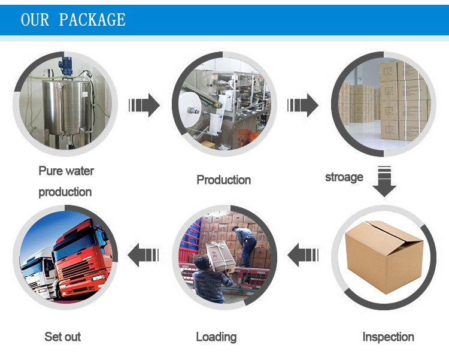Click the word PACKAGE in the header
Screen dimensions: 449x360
pyautogui.click(x=92, y=20)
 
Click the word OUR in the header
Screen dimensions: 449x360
pyautogui.click(x=35, y=20)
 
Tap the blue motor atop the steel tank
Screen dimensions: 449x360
pyautogui.click(x=65, y=66)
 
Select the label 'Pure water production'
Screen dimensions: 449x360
pyautogui.click(x=66, y=181)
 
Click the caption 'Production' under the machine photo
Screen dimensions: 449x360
pyautogui.click(x=224, y=180)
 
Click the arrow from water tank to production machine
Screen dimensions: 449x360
pyautogui.click(x=144, y=105)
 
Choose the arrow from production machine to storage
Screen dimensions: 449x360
pyautogui.click(x=303, y=105)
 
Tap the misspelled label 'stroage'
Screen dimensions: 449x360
pyautogui.click(x=344, y=177)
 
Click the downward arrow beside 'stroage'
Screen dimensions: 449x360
pyautogui.click(x=384, y=181)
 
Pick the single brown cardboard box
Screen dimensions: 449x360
pyautogui.click(x=384, y=256)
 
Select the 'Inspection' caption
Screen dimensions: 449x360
pyautogui.click(x=389, y=337)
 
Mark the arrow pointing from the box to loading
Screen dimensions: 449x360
pyautogui.click(x=303, y=255)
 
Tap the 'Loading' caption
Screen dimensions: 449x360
pyautogui.click(x=216, y=337)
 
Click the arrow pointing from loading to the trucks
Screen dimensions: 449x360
pyautogui.click(x=143, y=255)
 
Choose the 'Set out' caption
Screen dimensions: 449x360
pyautogui.click(x=63, y=337)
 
